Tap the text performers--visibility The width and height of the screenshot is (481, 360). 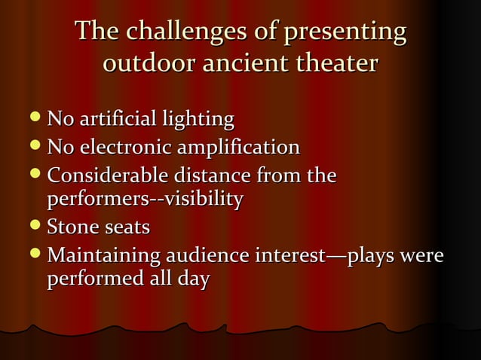[145, 200]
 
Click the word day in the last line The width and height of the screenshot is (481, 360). [193, 279]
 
